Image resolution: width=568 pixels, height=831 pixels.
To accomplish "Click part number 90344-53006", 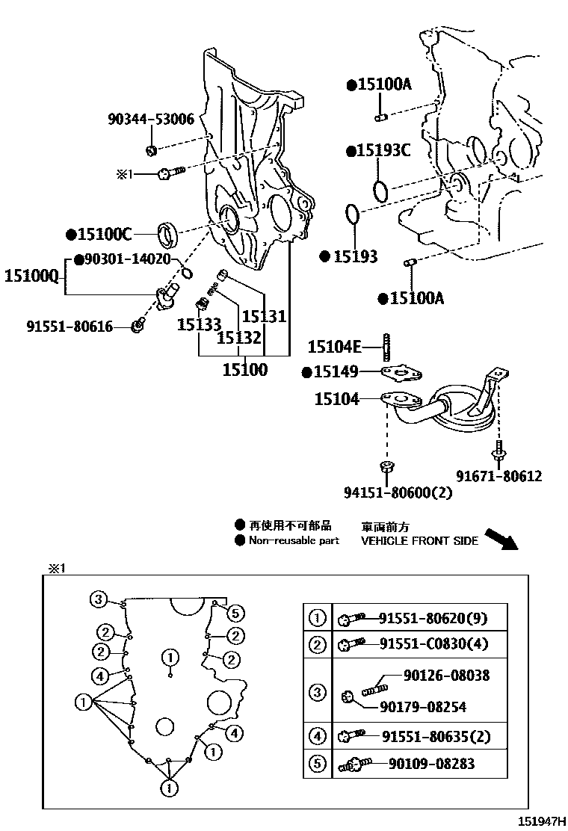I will (x=150, y=119).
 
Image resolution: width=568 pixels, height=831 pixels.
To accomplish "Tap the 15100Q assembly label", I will (x=31, y=276).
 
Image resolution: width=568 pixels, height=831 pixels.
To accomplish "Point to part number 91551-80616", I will (x=70, y=326).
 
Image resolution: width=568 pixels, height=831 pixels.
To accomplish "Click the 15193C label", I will (x=384, y=151).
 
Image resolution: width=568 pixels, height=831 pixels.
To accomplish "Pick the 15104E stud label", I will (x=334, y=346).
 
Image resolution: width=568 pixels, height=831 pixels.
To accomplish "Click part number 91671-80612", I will (x=499, y=476).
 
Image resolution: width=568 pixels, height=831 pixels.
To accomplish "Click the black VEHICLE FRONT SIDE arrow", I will (x=500, y=538).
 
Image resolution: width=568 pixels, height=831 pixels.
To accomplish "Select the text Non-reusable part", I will (x=294, y=540).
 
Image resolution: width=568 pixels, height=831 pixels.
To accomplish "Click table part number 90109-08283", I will (x=431, y=764).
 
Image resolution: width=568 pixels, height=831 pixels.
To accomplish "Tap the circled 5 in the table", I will (x=317, y=764).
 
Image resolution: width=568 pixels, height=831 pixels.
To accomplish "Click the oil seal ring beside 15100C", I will (x=168, y=234).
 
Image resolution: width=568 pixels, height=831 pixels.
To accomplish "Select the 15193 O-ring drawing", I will (x=352, y=214).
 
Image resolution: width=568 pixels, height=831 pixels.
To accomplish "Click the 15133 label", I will (x=199, y=324).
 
